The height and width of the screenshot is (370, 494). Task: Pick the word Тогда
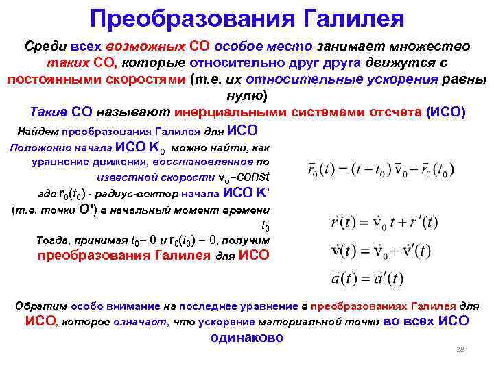tap(52, 241)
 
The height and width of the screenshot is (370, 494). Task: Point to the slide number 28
tap(460, 350)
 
